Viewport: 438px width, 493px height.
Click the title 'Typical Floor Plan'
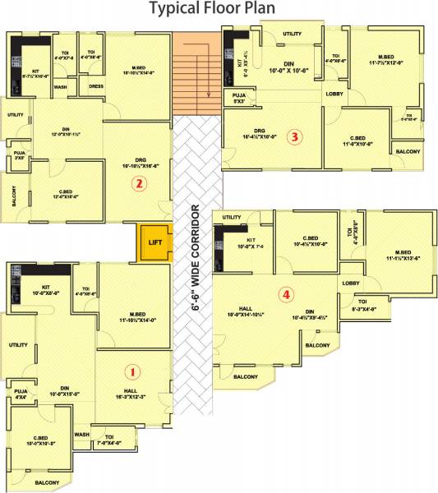pos(218,10)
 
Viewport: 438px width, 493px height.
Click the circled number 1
pos(136,371)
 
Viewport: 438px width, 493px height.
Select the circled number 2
pos(140,184)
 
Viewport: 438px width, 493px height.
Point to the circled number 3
pos(294,137)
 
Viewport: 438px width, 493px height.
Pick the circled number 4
pos(285,293)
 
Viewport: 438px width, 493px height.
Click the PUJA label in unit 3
pos(239,96)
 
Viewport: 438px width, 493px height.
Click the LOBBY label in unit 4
pos(351,283)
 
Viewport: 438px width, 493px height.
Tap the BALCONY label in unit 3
pos(408,152)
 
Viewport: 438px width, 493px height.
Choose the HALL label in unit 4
pos(245,308)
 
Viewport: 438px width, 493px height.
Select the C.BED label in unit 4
pos(310,239)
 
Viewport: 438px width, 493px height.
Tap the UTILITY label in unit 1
pos(18,345)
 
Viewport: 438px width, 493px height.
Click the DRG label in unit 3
pos(259,131)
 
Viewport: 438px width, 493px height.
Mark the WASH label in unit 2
pos(60,86)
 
